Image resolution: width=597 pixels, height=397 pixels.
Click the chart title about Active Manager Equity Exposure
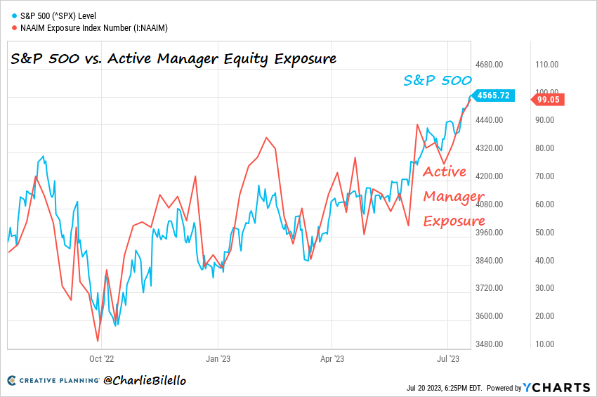[173, 59]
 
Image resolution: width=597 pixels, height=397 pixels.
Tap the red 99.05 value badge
[548, 100]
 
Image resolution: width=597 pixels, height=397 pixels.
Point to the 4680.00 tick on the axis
[490, 64]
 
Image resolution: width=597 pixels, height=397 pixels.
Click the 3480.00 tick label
[490, 344]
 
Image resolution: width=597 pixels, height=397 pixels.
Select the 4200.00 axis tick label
[490, 176]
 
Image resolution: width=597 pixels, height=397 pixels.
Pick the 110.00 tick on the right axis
[546, 64]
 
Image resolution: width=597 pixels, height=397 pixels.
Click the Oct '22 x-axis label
[101, 358]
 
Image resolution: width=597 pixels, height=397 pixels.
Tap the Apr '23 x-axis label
[331, 358]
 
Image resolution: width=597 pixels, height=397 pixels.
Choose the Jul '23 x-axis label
[447, 358]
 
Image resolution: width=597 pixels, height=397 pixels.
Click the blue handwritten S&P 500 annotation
[437, 81]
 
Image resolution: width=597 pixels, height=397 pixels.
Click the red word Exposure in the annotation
[454, 221]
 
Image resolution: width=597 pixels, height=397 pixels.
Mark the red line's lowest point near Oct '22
[98, 341]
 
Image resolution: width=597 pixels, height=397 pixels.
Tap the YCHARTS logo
[556, 387]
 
